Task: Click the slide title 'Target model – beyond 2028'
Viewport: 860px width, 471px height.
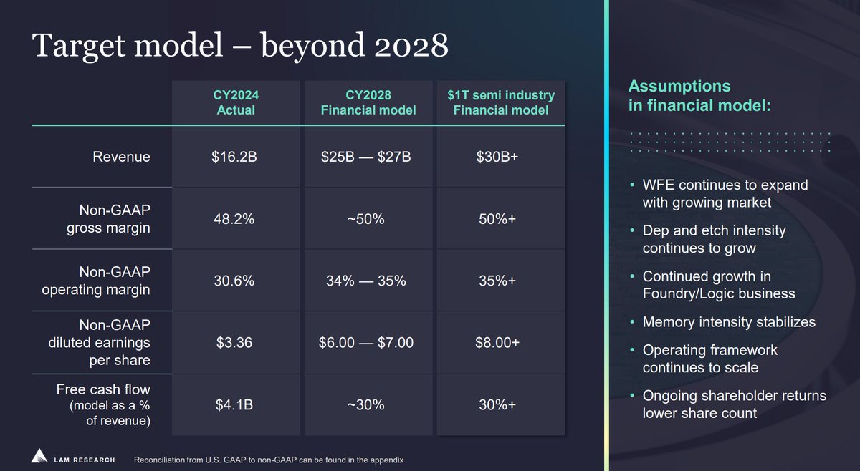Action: pos(241,45)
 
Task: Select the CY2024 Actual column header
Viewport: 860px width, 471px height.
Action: pos(235,103)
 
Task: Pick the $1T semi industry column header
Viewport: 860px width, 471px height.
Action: pos(501,103)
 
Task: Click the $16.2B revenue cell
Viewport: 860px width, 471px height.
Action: pos(235,157)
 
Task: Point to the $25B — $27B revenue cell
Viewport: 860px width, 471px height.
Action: pos(366,157)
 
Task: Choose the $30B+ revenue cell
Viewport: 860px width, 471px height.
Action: pos(497,157)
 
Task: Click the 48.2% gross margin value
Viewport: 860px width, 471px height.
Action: pos(234,219)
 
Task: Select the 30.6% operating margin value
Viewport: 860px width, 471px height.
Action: pos(234,281)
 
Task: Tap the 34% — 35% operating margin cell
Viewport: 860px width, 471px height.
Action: pos(366,281)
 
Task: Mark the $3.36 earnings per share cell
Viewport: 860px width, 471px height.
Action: pos(234,343)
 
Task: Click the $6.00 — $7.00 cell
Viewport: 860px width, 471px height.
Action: pos(366,343)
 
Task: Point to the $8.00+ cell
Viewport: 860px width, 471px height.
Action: pos(497,343)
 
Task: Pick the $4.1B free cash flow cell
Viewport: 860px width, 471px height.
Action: pos(234,405)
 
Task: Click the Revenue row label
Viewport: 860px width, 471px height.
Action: pos(121,157)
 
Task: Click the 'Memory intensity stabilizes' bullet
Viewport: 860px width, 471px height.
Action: pos(729,322)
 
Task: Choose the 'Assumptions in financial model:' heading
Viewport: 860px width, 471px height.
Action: pos(699,96)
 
